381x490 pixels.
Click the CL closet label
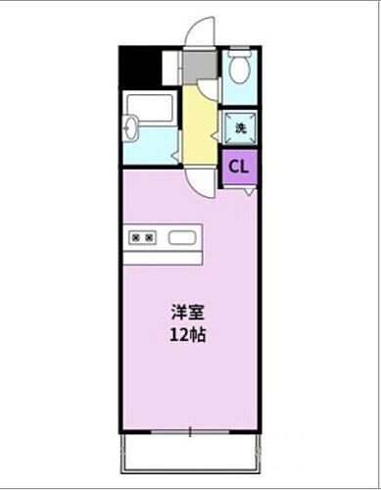tap(239, 166)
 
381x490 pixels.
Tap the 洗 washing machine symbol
tap(238, 125)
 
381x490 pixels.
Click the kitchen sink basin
tap(182, 237)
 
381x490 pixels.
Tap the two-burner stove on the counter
tap(143, 237)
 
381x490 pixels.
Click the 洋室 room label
tap(188, 313)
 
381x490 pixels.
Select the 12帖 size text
tap(188, 334)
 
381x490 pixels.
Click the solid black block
tap(140, 66)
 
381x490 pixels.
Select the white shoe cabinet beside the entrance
tap(172, 66)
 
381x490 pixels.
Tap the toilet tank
tap(238, 57)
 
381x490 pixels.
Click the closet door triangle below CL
tap(250, 188)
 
